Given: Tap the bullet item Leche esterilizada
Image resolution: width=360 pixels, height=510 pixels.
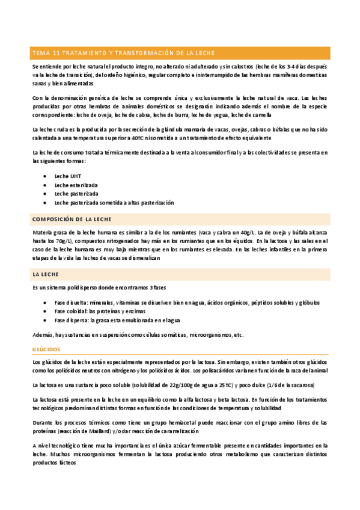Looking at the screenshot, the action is click(x=76, y=185).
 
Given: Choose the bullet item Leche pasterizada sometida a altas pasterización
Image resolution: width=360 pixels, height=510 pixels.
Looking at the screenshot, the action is click(x=114, y=203).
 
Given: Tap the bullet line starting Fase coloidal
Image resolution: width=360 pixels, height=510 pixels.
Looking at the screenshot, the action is click(x=100, y=311).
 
